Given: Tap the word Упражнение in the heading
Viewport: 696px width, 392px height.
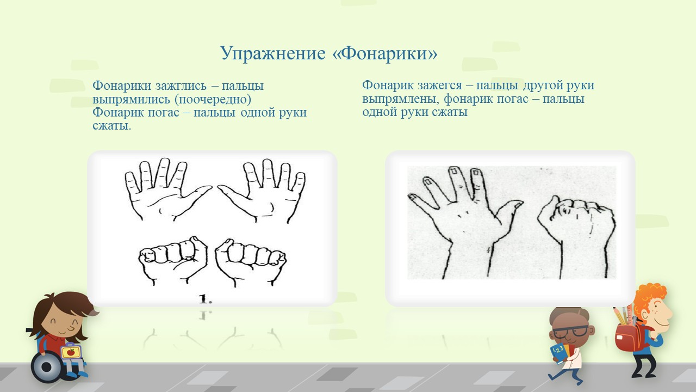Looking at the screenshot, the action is click(273, 54).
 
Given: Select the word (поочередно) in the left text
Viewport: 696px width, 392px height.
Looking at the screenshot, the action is click(213, 99).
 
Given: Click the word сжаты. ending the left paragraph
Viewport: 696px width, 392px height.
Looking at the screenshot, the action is click(112, 126).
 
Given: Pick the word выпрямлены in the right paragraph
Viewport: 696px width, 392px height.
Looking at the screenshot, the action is click(401, 99).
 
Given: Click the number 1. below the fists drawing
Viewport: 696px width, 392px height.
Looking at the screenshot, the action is click(206, 299).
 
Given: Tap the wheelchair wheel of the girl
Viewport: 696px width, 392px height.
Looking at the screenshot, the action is click(47, 367).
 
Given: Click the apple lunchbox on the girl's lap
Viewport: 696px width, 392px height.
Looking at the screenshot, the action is click(71, 352).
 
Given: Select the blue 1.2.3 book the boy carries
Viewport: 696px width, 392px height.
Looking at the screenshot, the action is click(559, 354).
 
